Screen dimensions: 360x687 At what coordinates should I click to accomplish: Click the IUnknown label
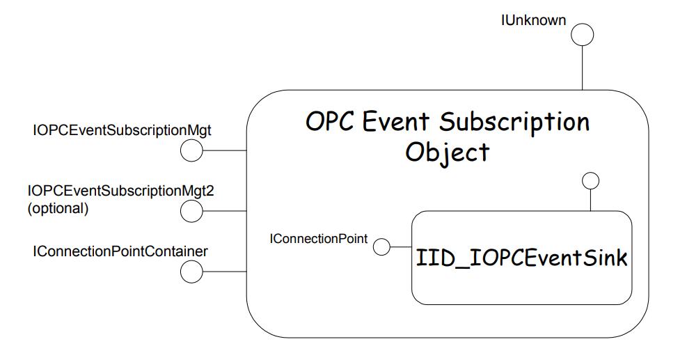point(533,20)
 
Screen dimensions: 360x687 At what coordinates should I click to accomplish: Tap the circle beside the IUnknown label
point(583,34)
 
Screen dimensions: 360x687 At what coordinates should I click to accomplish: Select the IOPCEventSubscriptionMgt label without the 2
point(132,130)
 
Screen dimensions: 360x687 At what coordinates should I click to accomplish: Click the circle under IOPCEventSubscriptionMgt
point(191,150)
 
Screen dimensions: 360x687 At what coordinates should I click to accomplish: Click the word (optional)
point(58,208)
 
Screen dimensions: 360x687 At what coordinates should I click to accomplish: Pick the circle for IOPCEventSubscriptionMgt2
point(191,210)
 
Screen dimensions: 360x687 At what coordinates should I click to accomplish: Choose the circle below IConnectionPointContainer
point(191,272)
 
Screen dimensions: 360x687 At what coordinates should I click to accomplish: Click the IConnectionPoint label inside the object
point(318,239)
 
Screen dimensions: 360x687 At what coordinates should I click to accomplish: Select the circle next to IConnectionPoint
point(381,246)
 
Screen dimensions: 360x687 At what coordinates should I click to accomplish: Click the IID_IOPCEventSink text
point(521,259)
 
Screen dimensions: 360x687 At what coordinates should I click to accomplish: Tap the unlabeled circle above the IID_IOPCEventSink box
point(590,181)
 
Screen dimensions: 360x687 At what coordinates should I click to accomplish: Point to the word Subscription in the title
point(514,123)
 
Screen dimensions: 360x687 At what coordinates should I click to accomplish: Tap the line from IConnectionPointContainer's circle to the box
point(224,272)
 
